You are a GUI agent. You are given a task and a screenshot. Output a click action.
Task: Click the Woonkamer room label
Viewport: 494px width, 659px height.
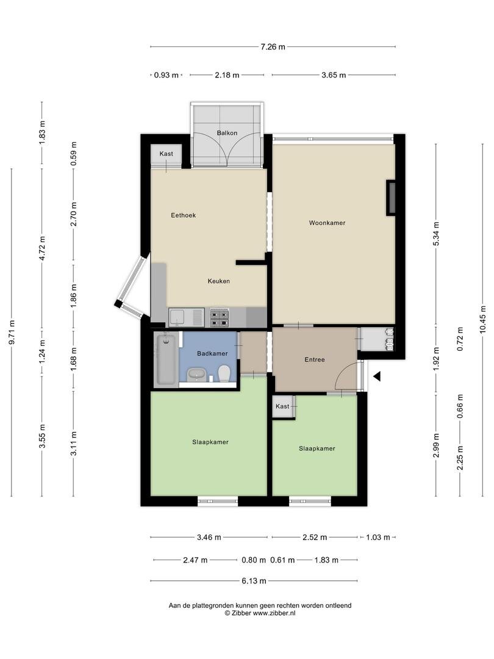coord(328,223)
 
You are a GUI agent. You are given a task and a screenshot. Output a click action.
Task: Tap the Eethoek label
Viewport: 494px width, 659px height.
coord(183,215)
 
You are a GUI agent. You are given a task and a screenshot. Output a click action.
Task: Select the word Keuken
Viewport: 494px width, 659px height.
coord(218,281)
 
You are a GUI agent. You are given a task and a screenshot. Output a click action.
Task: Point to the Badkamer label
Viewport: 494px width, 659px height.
coord(212,353)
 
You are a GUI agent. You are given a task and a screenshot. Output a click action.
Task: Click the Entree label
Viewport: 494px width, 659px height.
coord(315,360)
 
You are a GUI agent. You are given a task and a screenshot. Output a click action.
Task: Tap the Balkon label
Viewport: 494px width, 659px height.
coord(227,133)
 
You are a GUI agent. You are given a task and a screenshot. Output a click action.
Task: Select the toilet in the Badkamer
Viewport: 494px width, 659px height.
coord(224,373)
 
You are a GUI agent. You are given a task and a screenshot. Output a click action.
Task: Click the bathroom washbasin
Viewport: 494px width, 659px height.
coord(196,373)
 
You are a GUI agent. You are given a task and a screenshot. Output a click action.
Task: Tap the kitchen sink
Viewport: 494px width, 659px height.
coord(187,317)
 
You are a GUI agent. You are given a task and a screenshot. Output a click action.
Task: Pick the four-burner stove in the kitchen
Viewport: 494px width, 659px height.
coord(220,317)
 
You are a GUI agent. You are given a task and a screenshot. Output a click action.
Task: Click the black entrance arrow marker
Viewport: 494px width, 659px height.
coord(377,376)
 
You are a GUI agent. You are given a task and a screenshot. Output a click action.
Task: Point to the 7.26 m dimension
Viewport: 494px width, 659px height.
coord(273,46)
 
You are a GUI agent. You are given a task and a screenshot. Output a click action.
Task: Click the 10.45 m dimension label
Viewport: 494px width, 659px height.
coord(482,319)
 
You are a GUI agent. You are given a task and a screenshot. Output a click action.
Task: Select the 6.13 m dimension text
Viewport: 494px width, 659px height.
coord(254,581)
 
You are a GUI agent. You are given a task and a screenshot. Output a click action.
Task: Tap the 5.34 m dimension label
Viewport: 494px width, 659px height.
coord(436,234)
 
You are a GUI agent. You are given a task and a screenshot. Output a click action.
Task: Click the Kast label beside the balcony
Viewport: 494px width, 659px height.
coord(166,154)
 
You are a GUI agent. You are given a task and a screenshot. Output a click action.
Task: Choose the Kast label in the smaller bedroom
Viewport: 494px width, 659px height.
coord(282,406)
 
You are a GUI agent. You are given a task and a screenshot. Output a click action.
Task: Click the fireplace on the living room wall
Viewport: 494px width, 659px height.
coord(391,198)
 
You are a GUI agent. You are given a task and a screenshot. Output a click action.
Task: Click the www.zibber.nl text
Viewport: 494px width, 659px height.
coord(274,613)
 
